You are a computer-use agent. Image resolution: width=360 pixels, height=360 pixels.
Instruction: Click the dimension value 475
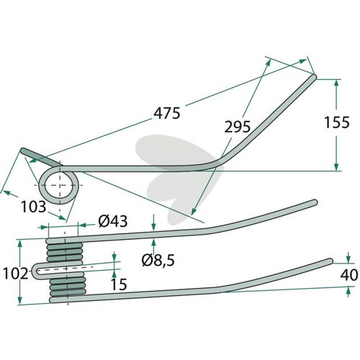tap(166, 113)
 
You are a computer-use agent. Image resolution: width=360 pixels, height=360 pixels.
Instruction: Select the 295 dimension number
tap(238, 127)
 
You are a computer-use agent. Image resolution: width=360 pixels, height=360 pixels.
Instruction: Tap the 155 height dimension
tap(337, 122)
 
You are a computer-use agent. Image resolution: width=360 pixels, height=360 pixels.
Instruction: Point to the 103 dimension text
tap(33, 207)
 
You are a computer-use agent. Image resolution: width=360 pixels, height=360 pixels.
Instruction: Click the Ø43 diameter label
tap(113, 221)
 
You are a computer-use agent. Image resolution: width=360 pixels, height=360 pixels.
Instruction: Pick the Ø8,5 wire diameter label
tap(158, 260)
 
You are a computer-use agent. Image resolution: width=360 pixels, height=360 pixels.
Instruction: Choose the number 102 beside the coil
tap(15, 274)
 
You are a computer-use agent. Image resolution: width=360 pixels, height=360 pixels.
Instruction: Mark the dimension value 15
tap(119, 284)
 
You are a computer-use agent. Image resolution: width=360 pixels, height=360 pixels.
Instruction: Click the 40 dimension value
tap(349, 275)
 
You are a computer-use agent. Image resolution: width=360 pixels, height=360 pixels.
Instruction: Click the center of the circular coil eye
tap(59, 185)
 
